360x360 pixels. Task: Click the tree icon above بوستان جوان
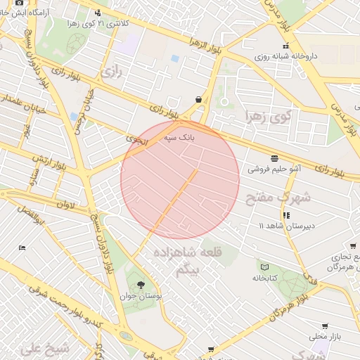click(141, 285)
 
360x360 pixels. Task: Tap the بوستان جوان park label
click(147, 297)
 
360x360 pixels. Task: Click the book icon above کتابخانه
click(264, 266)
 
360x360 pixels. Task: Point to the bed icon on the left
click(22, 247)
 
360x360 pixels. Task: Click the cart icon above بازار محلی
click(324, 326)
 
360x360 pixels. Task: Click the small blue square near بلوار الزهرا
click(174, 58)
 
